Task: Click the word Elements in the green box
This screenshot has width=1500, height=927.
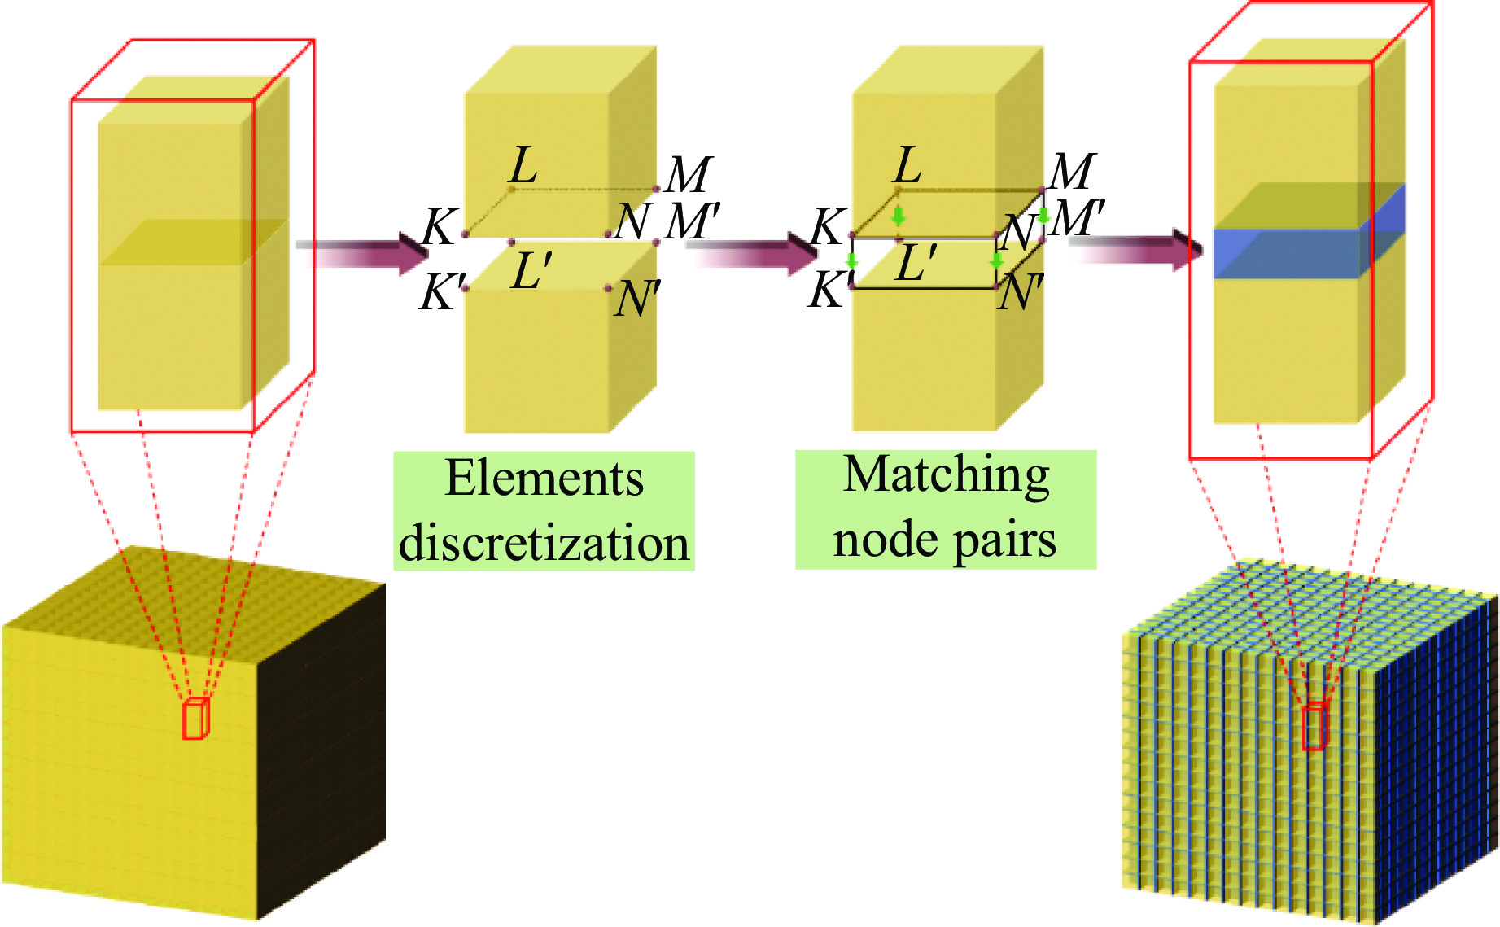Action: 544,479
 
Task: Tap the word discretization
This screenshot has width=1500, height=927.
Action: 544,543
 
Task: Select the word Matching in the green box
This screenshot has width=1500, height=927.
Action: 946,475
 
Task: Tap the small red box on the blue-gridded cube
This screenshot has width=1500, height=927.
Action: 1314,727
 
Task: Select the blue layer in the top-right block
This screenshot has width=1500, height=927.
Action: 1286,254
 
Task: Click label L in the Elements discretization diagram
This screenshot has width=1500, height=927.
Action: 523,166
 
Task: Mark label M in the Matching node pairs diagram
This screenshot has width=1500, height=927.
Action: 1072,172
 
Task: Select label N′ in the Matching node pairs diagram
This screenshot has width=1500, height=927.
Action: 1021,292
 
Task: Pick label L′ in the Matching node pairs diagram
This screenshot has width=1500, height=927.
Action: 916,263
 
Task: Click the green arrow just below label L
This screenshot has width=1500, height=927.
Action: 898,216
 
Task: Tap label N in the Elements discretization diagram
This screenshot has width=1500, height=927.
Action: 632,221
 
